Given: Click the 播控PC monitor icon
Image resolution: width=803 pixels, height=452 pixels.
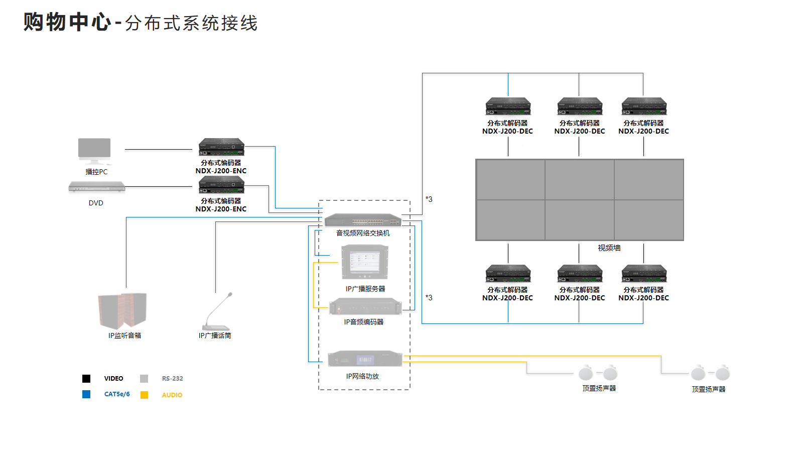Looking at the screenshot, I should [94, 151].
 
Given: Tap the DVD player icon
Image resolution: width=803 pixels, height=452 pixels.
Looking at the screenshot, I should [96, 188].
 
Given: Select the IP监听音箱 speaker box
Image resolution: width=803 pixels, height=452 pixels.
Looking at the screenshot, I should [122, 311].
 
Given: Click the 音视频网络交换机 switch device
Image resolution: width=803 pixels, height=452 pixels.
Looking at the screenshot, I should [363, 220].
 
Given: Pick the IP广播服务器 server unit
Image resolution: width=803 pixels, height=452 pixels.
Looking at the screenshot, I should [365, 262].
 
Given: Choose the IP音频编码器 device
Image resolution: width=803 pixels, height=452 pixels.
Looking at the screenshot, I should [365, 307].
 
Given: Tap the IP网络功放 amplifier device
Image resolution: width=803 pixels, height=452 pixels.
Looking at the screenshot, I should [365, 359].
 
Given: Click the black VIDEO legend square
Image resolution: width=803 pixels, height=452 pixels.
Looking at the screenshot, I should [86, 379].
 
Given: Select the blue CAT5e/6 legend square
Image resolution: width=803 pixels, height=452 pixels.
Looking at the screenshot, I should [86, 394].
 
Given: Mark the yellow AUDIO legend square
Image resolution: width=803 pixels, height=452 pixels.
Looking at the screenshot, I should [144, 395].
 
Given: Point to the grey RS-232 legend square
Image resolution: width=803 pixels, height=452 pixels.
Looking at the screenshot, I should [144, 379].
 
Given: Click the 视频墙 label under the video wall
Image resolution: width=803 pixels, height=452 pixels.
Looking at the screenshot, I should [609, 248].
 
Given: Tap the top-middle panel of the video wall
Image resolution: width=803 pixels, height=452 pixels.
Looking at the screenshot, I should [579, 180].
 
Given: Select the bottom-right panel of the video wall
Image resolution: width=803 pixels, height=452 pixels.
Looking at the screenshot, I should [648, 220].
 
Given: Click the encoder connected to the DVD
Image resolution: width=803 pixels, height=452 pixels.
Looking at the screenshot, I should [221, 185].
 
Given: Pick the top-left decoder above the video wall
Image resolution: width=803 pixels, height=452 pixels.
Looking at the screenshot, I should [508, 106].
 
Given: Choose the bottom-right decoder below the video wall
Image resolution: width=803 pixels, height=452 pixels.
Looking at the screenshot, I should [644, 273].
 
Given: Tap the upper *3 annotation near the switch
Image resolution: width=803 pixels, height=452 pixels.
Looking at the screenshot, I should [429, 199].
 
